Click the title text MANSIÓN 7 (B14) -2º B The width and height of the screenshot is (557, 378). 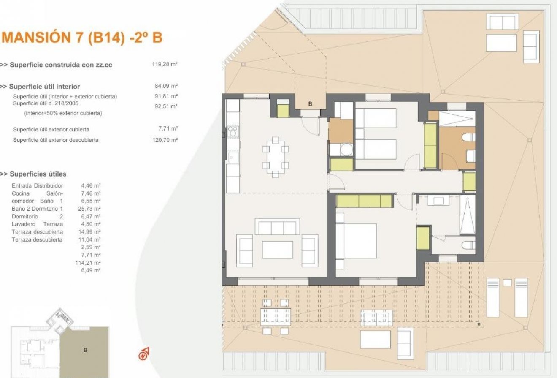tap(82, 38)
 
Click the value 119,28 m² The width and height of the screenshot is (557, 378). tap(164, 65)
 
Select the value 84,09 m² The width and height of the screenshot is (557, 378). tap(166, 86)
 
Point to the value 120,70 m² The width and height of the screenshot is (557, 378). tap(165, 140)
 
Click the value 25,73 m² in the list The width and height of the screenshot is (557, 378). tap(90, 209)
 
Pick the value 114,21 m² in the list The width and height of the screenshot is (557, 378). tap(90, 262)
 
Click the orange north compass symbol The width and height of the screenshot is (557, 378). tap(144, 353)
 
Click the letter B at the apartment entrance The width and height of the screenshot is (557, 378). tap(310, 103)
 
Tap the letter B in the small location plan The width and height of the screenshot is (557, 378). tap(85, 350)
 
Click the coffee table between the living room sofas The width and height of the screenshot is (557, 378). tap(277, 250)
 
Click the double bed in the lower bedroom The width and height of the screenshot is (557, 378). tap(356, 241)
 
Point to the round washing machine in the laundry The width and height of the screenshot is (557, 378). tap(346, 150)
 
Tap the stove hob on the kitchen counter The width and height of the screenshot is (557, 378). tap(232, 133)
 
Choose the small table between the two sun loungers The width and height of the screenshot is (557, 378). tap(507, 283)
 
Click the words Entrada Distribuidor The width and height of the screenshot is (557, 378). tap(37, 185)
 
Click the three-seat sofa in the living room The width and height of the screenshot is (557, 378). tap(277, 227)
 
